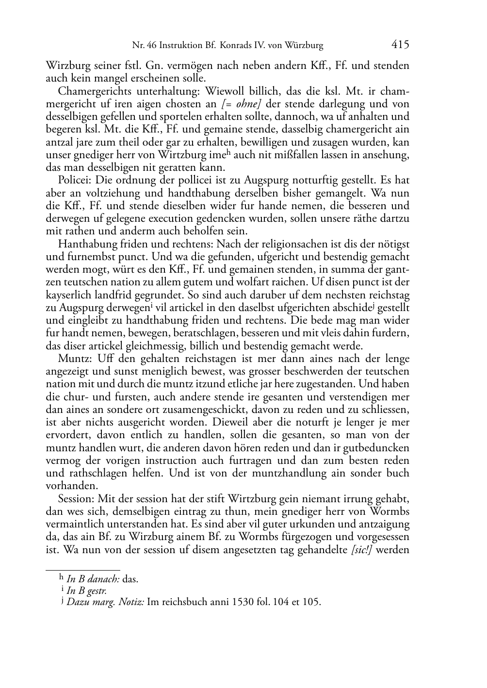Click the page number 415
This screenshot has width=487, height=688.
tap(400, 45)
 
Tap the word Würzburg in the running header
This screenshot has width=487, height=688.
tap(304, 46)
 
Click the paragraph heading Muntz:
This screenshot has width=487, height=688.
tap(74, 359)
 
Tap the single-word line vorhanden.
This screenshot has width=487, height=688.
tap(67, 486)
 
